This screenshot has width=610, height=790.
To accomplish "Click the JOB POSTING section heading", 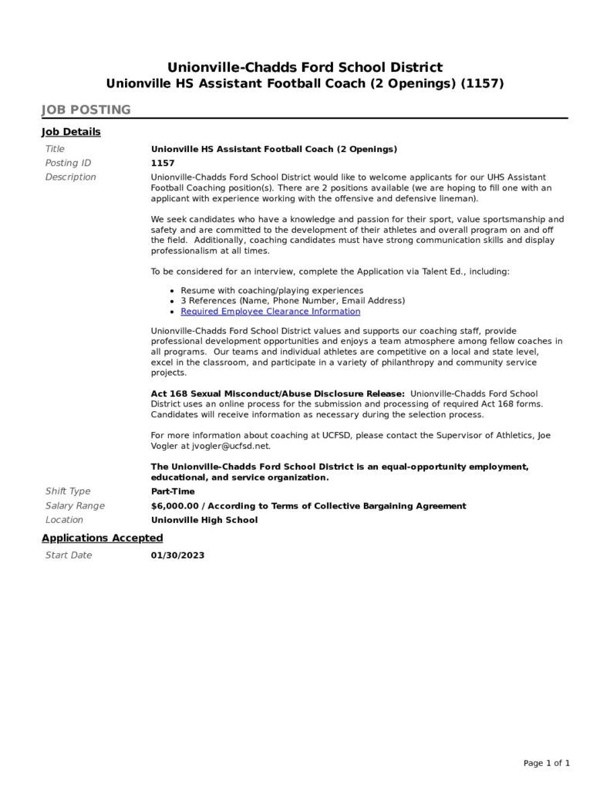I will tap(86, 110).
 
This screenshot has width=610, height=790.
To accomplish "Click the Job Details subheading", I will tap(71, 132).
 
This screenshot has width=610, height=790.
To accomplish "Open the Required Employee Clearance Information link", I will tap(270, 312).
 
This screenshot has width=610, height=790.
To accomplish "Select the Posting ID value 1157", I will tap(163, 163).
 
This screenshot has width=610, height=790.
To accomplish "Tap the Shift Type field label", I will tap(68, 491).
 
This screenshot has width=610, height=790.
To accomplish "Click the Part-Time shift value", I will tap(173, 491).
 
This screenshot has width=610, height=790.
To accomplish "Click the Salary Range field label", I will tap(75, 506).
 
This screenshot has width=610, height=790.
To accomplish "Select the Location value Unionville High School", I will tap(204, 520).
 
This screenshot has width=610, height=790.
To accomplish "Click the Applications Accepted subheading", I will tap(102, 538).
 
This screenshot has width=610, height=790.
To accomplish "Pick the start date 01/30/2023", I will tap(177, 555).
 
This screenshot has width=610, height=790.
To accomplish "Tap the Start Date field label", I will tap(68, 555).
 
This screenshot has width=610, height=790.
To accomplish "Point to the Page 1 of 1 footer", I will tap(547, 763).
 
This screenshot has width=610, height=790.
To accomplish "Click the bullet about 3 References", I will tap(292, 301).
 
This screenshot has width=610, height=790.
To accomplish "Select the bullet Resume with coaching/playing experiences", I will tap(271, 290).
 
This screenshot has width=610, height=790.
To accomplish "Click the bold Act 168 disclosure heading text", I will tap(278, 393).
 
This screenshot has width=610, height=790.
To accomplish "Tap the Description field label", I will tap(70, 177).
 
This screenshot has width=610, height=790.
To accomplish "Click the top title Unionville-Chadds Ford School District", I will tap(305, 67).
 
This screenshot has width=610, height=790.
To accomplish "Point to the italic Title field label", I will tap(55, 149).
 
